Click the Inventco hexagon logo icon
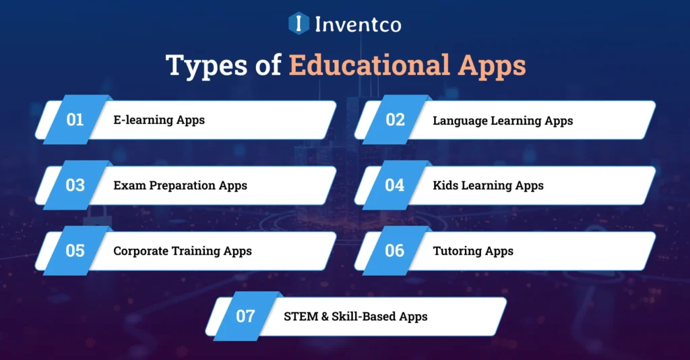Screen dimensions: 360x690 click(x=298, y=24)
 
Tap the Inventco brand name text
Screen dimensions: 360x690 click(x=358, y=25)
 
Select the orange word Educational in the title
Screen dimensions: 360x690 click(x=370, y=65)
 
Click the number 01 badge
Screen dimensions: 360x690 click(x=75, y=120)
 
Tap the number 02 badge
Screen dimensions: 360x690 click(x=395, y=120)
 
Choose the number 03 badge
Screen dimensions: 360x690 click(x=75, y=185)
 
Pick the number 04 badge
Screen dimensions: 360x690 click(x=395, y=185)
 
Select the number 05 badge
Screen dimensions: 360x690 click(x=75, y=251)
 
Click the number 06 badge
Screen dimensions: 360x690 click(x=395, y=251)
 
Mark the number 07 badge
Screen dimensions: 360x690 click(x=245, y=316)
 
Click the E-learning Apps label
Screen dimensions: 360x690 click(x=159, y=121)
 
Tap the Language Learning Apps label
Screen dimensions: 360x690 click(x=503, y=121)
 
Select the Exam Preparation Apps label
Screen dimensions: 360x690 click(x=180, y=185)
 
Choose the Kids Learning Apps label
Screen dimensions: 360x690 click(x=488, y=185)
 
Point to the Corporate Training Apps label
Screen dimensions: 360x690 click(x=182, y=251)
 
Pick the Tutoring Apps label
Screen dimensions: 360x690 click(x=473, y=251)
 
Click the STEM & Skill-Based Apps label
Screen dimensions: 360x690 click(x=356, y=316)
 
